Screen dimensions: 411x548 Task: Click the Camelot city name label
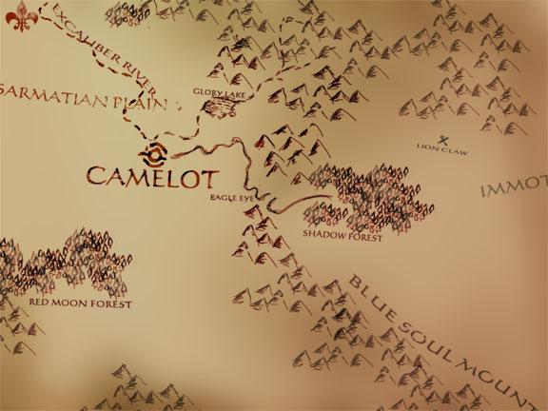point(153,176)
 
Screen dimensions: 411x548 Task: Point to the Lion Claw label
point(441,147)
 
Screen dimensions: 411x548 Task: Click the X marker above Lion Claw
point(443,137)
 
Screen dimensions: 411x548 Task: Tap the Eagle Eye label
point(233,199)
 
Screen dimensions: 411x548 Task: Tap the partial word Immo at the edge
point(515,189)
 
